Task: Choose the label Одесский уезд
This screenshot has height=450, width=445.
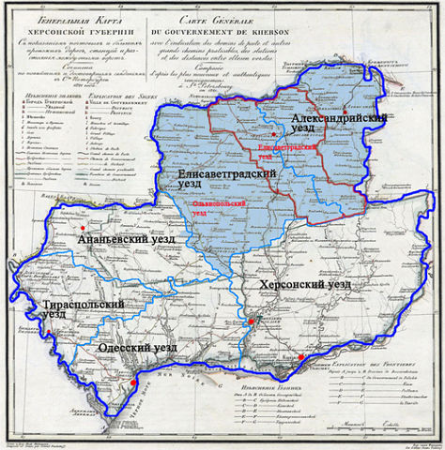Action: click(138, 348)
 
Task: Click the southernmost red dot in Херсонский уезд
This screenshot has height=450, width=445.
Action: click(300, 357)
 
